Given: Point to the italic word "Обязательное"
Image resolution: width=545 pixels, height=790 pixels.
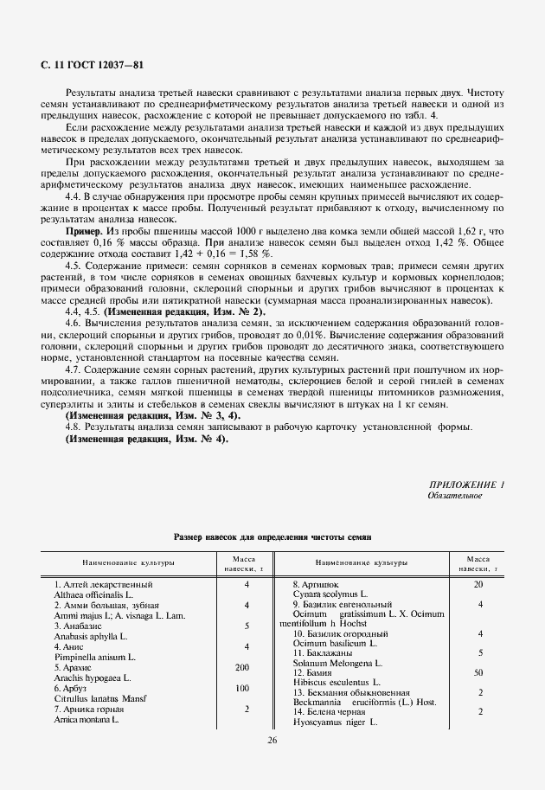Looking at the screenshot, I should click(456, 496).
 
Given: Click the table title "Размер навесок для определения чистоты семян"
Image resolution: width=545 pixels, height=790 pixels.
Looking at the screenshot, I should click(272, 537).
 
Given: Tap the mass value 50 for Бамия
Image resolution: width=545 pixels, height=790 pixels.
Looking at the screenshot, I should click(478, 671).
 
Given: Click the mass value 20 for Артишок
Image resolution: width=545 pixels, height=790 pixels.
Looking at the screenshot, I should click(478, 585).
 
